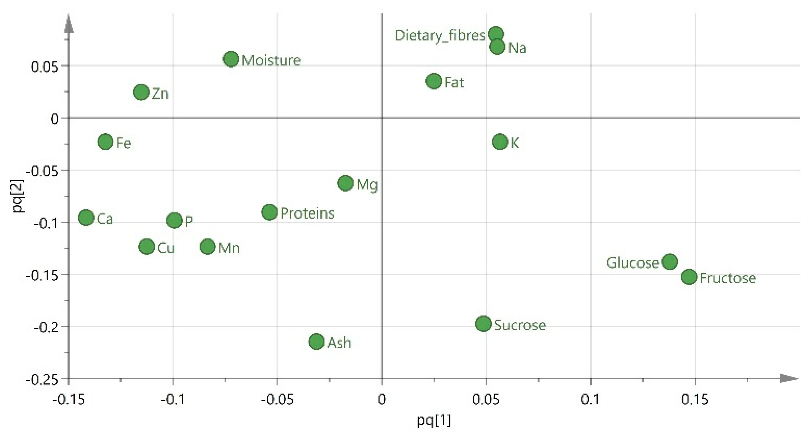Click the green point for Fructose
tap(689, 277)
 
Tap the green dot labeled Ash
tap(316, 342)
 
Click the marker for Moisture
tap(231, 59)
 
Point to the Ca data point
tap(86, 218)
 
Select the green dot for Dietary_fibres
tap(496, 34)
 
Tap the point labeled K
tap(500, 142)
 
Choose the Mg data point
tap(346, 183)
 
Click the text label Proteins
tap(307, 214)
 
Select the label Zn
tap(160, 94)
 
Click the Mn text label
tap(229, 248)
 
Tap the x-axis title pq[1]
tap(434, 421)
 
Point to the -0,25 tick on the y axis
tap(42, 380)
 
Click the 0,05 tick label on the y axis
tap(45, 67)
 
